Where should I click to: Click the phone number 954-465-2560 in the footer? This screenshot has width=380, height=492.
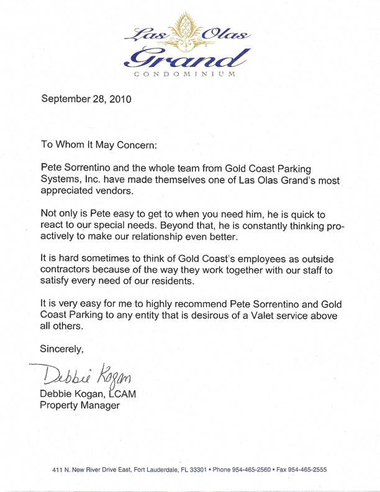pyautogui.click(x=251, y=470)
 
